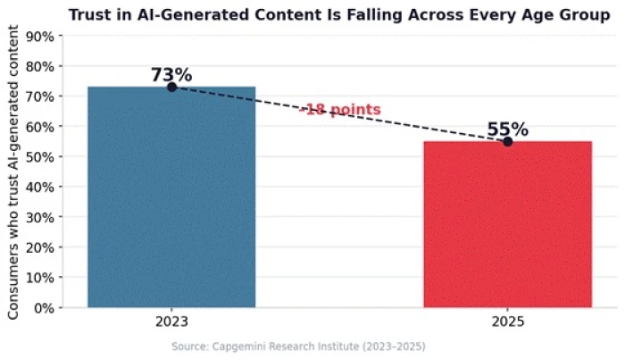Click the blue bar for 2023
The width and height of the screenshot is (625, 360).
pyautogui.click(x=171, y=197)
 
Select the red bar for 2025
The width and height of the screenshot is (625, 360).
pyautogui.click(x=508, y=224)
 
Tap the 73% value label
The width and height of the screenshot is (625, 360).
pyautogui.click(x=171, y=74)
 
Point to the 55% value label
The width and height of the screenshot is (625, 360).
pyautogui.click(x=508, y=130)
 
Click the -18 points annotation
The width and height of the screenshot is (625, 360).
pyautogui.click(x=340, y=109)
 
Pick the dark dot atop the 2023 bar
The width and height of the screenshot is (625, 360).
pyautogui.click(x=171, y=87)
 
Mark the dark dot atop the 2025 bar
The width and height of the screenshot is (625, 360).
pyautogui.click(x=508, y=141)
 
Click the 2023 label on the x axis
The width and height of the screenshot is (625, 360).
pyautogui.click(x=171, y=322)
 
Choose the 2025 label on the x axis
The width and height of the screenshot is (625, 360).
pyautogui.click(x=508, y=322)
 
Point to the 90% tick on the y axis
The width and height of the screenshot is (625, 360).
pyautogui.click(x=40, y=37)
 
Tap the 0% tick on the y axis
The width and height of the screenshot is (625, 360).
pyautogui.click(x=44, y=308)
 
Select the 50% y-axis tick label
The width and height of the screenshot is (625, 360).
pyautogui.click(x=40, y=156)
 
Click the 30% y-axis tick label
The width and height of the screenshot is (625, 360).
pyautogui.click(x=40, y=217)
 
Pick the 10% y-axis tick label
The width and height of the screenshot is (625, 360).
pyautogui.click(x=40, y=278)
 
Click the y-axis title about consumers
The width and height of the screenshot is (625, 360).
pyautogui.click(x=13, y=172)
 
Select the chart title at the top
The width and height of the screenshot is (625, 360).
pyautogui.click(x=339, y=15)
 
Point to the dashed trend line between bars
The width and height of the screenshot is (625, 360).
pyautogui.click(x=340, y=114)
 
